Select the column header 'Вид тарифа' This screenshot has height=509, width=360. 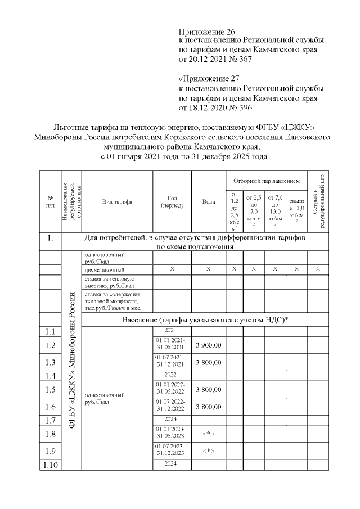(116, 201)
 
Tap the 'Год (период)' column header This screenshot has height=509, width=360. (172, 201)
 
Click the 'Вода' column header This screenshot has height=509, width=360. (208, 201)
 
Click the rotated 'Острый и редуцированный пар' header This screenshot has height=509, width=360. (318, 201)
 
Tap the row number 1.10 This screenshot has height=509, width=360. (50, 464)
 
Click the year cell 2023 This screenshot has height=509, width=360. (172, 419)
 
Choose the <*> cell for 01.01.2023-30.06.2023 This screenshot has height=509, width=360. (208, 434)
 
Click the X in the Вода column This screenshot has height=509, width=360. (208, 269)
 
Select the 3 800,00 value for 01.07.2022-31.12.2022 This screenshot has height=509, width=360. (208, 407)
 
